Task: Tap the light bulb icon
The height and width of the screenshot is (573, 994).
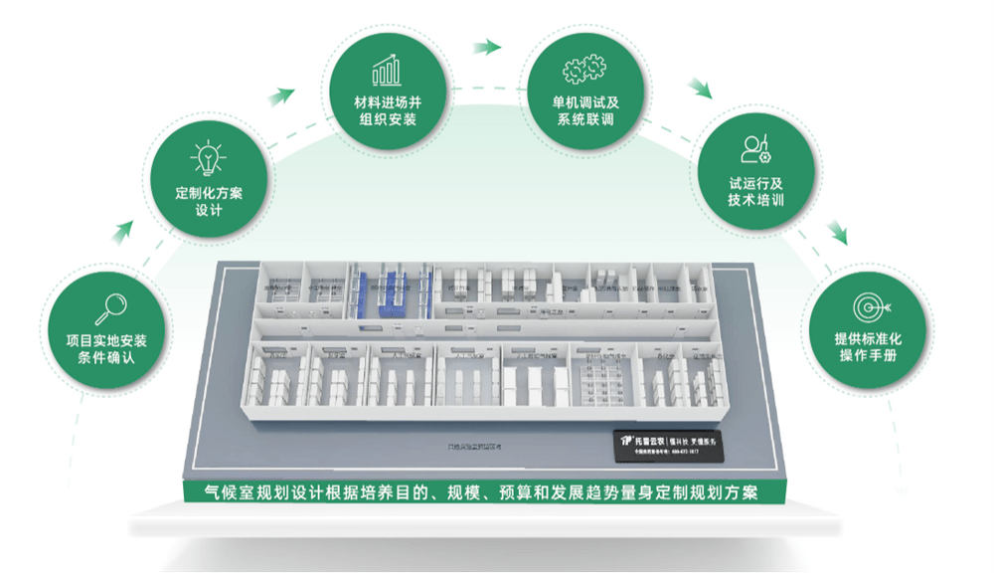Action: pyautogui.click(x=208, y=159)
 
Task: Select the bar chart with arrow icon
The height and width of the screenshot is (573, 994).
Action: pyautogui.click(x=387, y=70)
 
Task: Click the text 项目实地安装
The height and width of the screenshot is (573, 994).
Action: pyautogui.click(x=106, y=340)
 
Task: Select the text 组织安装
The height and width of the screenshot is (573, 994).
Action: pyautogui.click(x=388, y=120)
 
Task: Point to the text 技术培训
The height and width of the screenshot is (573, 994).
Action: pyautogui.click(x=755, y=199)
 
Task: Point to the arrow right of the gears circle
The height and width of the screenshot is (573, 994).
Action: pyautogui.click(x=701, y=88)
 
